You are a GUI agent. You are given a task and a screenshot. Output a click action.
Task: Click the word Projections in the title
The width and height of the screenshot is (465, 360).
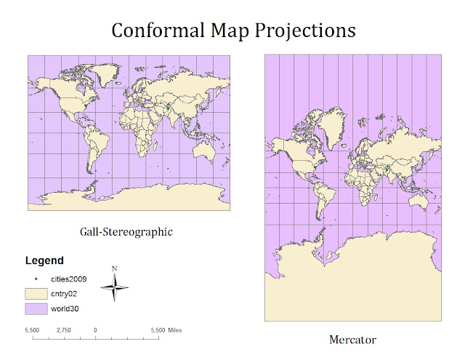[x=305, y=31]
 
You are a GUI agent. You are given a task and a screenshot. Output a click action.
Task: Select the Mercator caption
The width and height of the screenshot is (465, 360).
[x=352, y=340]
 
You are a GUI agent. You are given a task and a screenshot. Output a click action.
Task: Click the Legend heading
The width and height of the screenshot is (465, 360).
[x=44, y=260]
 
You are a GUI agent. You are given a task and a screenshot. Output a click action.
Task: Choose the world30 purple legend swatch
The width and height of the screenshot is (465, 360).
[x=41, y=310]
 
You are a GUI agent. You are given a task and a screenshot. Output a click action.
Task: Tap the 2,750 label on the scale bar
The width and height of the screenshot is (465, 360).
[x=63, y=330]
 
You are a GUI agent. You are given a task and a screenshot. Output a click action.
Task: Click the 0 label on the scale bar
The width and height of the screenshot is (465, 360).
[x=96, y=330]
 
